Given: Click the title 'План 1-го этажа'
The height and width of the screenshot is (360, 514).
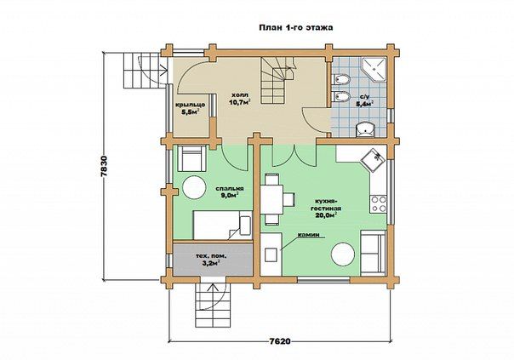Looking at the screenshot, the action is click(296, 27).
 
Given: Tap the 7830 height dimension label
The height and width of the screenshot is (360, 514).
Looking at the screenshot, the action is click(105, 166).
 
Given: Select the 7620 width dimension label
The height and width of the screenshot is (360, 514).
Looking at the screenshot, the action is click(280, 341).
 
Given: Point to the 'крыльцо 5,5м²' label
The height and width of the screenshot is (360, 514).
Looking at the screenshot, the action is click(191, 108).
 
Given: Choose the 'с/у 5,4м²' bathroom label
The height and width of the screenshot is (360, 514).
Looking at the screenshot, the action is click(365, 100).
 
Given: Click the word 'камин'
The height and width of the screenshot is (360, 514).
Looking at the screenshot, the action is click(308, 235).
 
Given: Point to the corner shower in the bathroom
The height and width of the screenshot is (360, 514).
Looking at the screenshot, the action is click(374, 69).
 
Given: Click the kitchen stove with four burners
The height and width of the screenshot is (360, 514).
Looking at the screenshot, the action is click(379, 203).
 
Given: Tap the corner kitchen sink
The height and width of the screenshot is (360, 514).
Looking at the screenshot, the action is click(373, 160).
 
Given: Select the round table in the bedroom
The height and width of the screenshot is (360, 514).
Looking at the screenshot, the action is click(194, 187).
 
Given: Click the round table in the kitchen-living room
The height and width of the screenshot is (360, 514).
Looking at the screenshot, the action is click(343, 254).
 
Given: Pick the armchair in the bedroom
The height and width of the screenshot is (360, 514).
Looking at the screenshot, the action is click(191, 158).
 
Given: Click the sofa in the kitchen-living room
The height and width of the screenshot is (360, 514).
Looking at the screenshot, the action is click(373, 252).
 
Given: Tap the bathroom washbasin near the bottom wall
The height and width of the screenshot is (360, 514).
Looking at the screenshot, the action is click(364, 129).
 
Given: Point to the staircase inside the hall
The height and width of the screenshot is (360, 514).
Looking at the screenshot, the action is click(277, 80).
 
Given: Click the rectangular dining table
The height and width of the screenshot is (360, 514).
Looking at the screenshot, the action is click(271, 200).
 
